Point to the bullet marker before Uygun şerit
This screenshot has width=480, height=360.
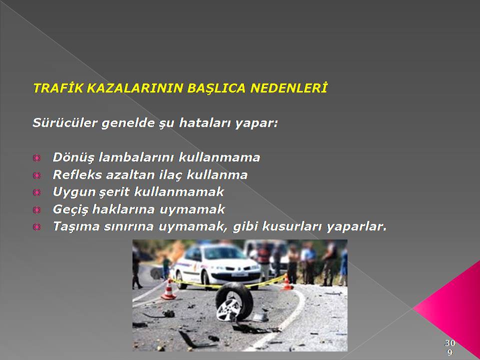point(36,192)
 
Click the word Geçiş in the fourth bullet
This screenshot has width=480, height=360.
point(70,209)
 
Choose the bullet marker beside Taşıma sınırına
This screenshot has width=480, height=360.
point(36,227)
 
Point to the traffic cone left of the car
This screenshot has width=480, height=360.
point(168,289)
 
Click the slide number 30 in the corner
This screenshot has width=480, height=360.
point(449,342)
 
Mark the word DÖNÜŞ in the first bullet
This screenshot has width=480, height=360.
point(74,158)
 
